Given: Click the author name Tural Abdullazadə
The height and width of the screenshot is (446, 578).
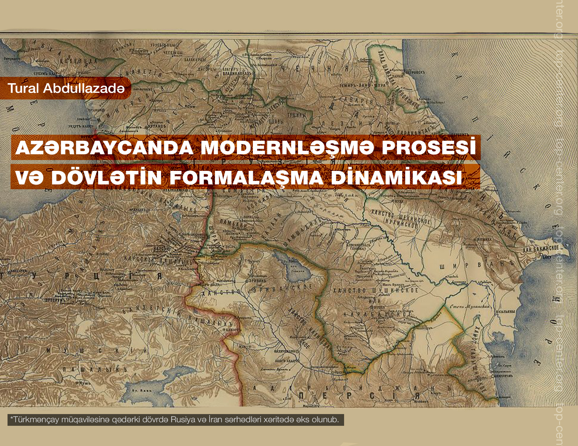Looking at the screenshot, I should pos(66,88).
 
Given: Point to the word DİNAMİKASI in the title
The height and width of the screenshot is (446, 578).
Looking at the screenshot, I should pos(396,177).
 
